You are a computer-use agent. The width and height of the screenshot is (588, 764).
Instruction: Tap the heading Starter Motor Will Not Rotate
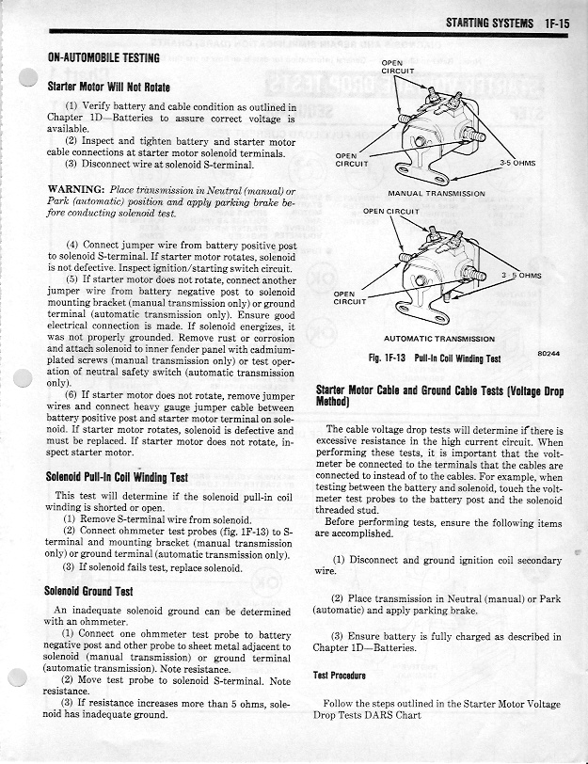(117, 87)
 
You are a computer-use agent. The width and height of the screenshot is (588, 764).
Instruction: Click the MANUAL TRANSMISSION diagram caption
(437, 193)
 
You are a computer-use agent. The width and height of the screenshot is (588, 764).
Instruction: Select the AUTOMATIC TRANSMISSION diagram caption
(438, 338)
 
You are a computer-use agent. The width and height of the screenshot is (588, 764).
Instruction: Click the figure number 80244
(548, 353)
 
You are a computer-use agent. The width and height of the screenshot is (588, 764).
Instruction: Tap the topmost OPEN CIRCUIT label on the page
(398, 68)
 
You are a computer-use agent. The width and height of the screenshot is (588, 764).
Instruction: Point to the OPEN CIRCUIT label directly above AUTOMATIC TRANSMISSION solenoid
(390, 212)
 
